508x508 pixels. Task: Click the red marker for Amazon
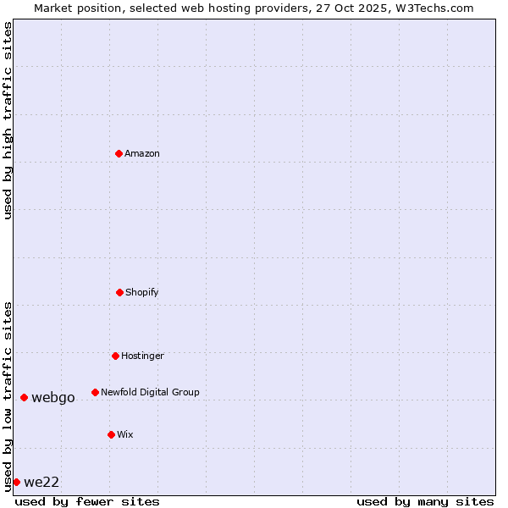[119, 153]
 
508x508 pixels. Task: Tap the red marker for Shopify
[119, 292]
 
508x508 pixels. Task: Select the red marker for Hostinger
[115, 356]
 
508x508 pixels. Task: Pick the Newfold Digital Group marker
[95, 392]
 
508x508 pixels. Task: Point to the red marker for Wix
[111, 434]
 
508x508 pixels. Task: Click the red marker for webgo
[24, 397]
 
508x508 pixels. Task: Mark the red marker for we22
[16, 482]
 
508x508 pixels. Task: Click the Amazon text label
[142, 153]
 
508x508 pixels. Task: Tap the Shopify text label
[142, 292]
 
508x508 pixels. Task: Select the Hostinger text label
[142, 356]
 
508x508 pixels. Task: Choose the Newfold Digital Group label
[150, 392]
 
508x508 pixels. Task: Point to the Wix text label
[125, 434]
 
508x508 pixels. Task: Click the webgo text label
[53, 397]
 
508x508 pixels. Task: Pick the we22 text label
[41, 482]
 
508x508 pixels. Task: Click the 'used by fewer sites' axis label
[87, 501]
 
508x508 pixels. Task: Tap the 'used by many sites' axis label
[425, 501]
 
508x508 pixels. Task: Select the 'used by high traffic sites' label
[8, 120]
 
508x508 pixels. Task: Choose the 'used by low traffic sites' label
[8, 396]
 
